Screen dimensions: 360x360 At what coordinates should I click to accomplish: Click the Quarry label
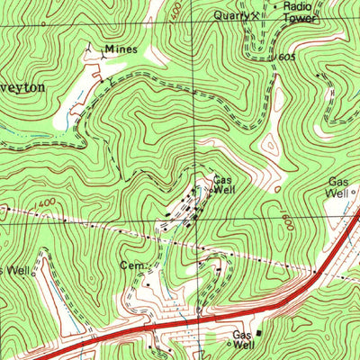pos(229,15)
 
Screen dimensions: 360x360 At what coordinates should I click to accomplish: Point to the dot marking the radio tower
pos(275,6)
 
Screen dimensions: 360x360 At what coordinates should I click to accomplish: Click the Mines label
pos(121,49)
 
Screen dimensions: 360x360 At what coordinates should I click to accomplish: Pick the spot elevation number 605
pos(286,57)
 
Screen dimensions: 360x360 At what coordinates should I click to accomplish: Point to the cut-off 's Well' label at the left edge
pos(15,270)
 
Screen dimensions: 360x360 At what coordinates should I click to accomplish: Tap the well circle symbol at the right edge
pos(354,192)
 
